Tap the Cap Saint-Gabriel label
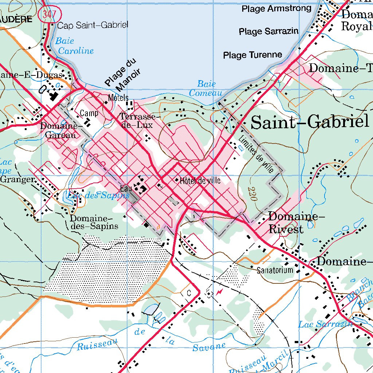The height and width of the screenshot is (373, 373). click(93, 25)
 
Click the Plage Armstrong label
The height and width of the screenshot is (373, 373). click(276, 8)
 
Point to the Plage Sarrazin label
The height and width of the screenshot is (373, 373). click(268, 31)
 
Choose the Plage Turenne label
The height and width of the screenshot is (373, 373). click(252, 55)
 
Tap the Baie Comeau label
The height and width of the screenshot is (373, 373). click(205, 89)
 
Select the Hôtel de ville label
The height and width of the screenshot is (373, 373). click(200, 180)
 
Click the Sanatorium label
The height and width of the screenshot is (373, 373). click(275, 270)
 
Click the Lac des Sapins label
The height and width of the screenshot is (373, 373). click(98, 195)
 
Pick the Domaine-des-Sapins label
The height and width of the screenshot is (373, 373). click(94, 222)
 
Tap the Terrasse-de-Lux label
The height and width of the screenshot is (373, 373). click(140, 121)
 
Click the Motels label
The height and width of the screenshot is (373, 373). click(118, 98)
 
